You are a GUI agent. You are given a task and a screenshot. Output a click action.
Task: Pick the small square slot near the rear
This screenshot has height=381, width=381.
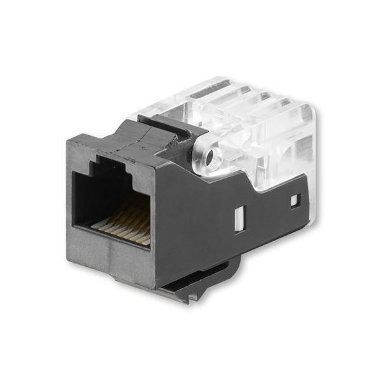pyautogui.click(x=294, y=201)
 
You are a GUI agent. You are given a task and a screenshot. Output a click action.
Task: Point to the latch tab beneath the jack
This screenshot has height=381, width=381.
pyautogui.click(x=190, y=289)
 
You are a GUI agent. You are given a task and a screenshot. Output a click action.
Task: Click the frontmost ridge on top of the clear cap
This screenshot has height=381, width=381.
pyautogui.click(x=210, y=95)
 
